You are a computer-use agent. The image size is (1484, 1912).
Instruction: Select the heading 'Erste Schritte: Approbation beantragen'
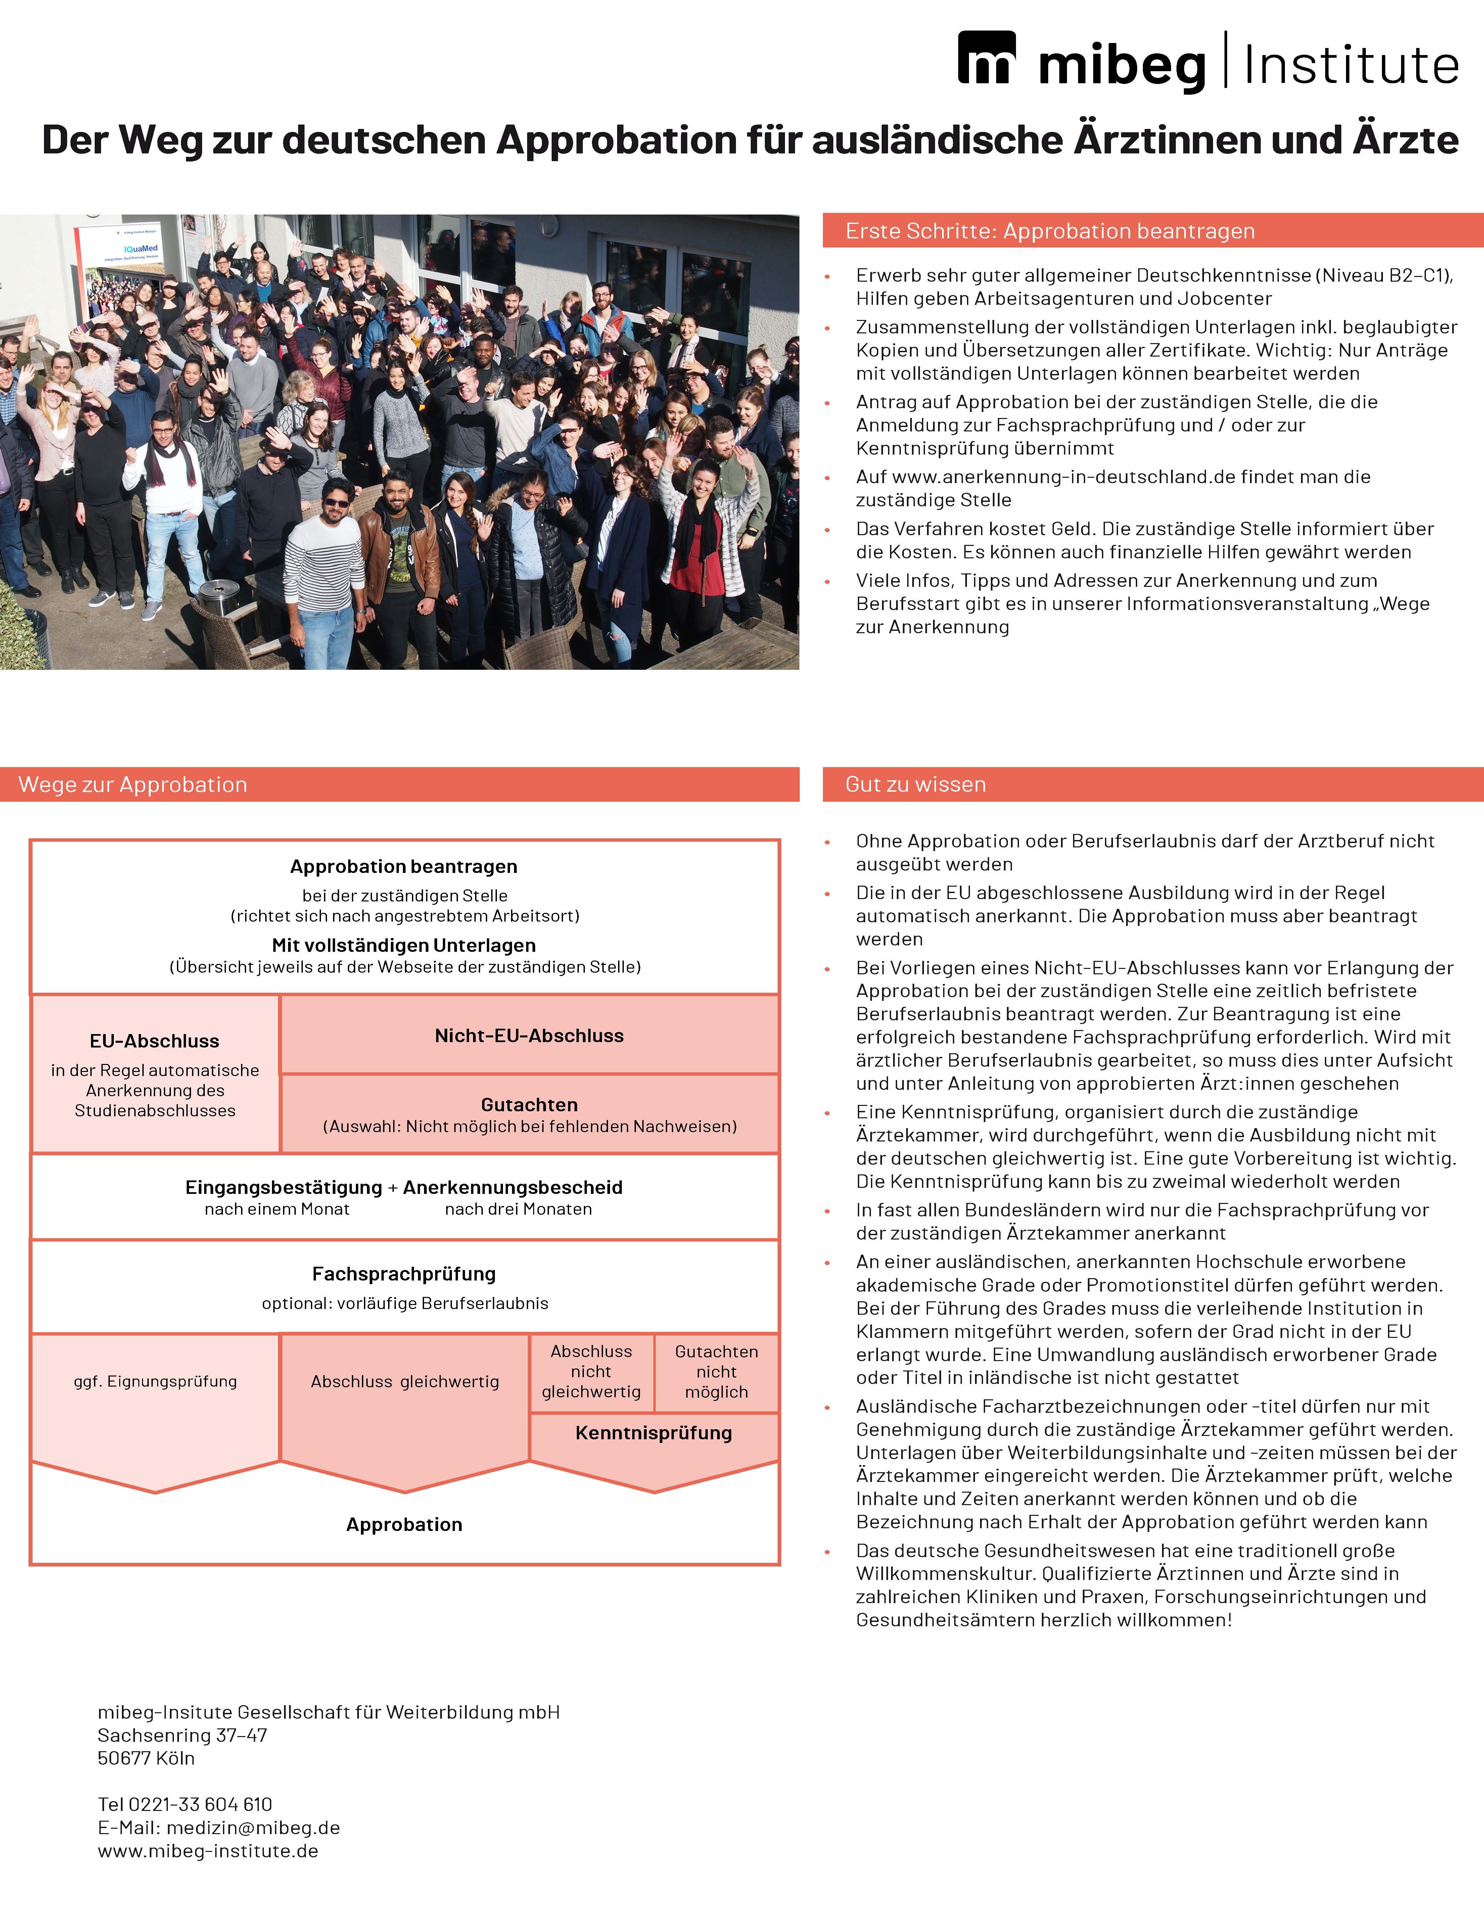click(1050, 231)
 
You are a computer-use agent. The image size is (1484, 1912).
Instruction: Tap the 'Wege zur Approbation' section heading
click(133, 784)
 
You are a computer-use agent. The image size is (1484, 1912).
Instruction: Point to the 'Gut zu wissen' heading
click(915, 784)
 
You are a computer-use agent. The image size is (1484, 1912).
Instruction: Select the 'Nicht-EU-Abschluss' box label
click(529, 1036)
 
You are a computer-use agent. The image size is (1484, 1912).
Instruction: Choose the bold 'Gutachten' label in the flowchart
click(529, 1105)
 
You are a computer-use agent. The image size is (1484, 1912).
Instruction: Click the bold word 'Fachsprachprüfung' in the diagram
click(404, 1274)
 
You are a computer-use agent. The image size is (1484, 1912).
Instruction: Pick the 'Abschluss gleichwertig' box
click(405, 1382)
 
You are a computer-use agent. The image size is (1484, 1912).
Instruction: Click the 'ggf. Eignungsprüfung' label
click(155, 1382)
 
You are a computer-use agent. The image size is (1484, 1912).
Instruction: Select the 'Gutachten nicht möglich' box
click(716, 1372)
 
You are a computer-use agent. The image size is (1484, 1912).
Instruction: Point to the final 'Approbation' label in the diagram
click(404, 1524)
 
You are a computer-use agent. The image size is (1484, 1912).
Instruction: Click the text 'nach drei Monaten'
click(518, 1209)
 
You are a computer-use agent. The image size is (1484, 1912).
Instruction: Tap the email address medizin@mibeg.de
click(253, 1828)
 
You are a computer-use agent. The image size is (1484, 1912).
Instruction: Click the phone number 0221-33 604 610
click(200, 1804)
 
